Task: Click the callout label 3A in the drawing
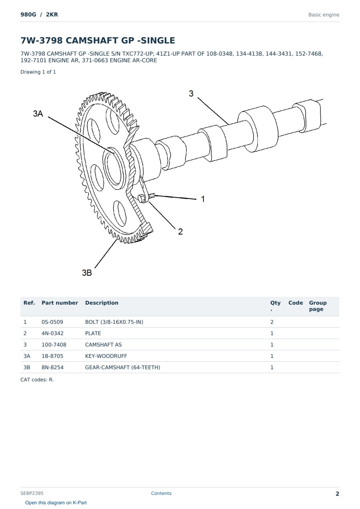(x=38, y=114)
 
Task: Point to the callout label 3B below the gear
(x=87, y=273)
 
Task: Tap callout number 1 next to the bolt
(x=203, y=199)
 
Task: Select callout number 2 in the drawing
(x=180, y=231)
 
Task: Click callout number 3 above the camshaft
(x=191, y=94)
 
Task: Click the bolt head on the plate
(x=142, y=199)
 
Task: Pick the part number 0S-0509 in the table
(x=52, y=322)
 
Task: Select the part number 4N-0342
(x=52, y=333)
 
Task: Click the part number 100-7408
(x=54, y=345)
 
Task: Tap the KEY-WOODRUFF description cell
(x=106, y=356)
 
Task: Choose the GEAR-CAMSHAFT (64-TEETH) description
(x=122, y=367)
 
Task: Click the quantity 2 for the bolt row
(x=272, y=322)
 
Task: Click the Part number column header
(x=60, y=303)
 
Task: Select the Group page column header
(x=318, y=306)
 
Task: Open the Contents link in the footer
(x=161, y=493)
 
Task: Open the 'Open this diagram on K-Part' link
(x=56, y=503)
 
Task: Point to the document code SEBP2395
(x=32, y=493)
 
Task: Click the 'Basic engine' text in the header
(x=324, y=15)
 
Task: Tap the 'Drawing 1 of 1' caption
(x=38, y=72)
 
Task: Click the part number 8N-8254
(x=52, y=367)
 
